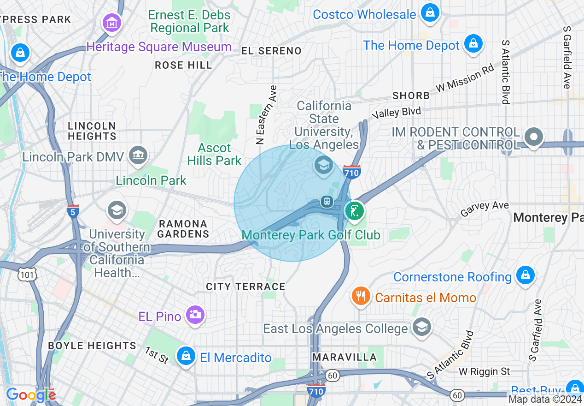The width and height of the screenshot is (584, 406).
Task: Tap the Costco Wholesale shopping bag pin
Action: [x=430, y=12]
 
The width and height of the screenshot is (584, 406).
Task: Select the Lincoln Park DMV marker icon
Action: [x=138, y=155]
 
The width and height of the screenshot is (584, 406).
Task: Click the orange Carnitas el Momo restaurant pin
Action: [x=360, y=296]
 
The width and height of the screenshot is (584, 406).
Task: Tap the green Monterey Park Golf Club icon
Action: [x=354, y=211]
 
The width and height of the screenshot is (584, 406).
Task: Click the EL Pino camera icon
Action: [x=195, y=315]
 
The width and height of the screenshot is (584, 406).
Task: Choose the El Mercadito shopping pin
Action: [x=186, y=356]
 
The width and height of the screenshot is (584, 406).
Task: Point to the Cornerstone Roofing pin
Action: [x=525, y=275]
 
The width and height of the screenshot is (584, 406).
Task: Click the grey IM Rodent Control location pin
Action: [x=534, y=137]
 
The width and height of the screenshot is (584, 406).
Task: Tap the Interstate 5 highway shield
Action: [x=73, y=211]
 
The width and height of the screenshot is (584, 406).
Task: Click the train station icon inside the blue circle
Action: [x=327, y=202]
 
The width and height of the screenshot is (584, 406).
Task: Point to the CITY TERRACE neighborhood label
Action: [x=245, y=287]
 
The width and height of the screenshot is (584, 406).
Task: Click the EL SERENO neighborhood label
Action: [x=271, y=51]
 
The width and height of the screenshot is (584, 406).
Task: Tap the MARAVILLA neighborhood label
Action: [x=345, y=357]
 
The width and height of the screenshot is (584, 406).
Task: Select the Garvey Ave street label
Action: [x=485, y=209]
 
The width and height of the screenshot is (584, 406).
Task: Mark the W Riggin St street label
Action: [x=485, y=371]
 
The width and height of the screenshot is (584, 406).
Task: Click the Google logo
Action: [x=30, y=395]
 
